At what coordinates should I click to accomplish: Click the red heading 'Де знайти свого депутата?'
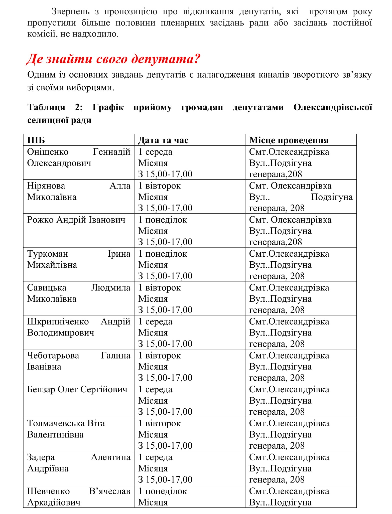(x=113, y=59)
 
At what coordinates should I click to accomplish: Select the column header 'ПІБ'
(x=36, y=140)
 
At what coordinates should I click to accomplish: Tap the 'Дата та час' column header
(x=163, y=140)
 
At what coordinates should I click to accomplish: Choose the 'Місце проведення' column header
(x=289, y=140)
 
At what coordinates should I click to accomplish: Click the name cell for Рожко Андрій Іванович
(x=76, y=220)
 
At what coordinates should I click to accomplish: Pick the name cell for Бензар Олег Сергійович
(x=77, y=389)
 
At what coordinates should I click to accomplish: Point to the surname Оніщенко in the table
(x=48, y=152)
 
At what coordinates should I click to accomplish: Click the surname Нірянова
(x=46, y=186)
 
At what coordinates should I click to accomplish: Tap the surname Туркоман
(x=48, y=254)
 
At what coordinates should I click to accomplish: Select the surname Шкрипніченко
(x=58, y=322)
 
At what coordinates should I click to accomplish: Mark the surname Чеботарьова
(x=53, y=356)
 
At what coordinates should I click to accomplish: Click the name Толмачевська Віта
(x=66, y=423)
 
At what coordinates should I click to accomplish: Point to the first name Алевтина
(x=110, y=457)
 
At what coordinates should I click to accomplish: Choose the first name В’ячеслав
(x=110, y=491)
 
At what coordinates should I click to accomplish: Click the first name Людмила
(x=110, y=288)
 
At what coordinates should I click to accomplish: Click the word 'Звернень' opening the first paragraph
(x=70, y=12)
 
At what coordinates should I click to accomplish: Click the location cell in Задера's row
(x=289, y=468)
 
